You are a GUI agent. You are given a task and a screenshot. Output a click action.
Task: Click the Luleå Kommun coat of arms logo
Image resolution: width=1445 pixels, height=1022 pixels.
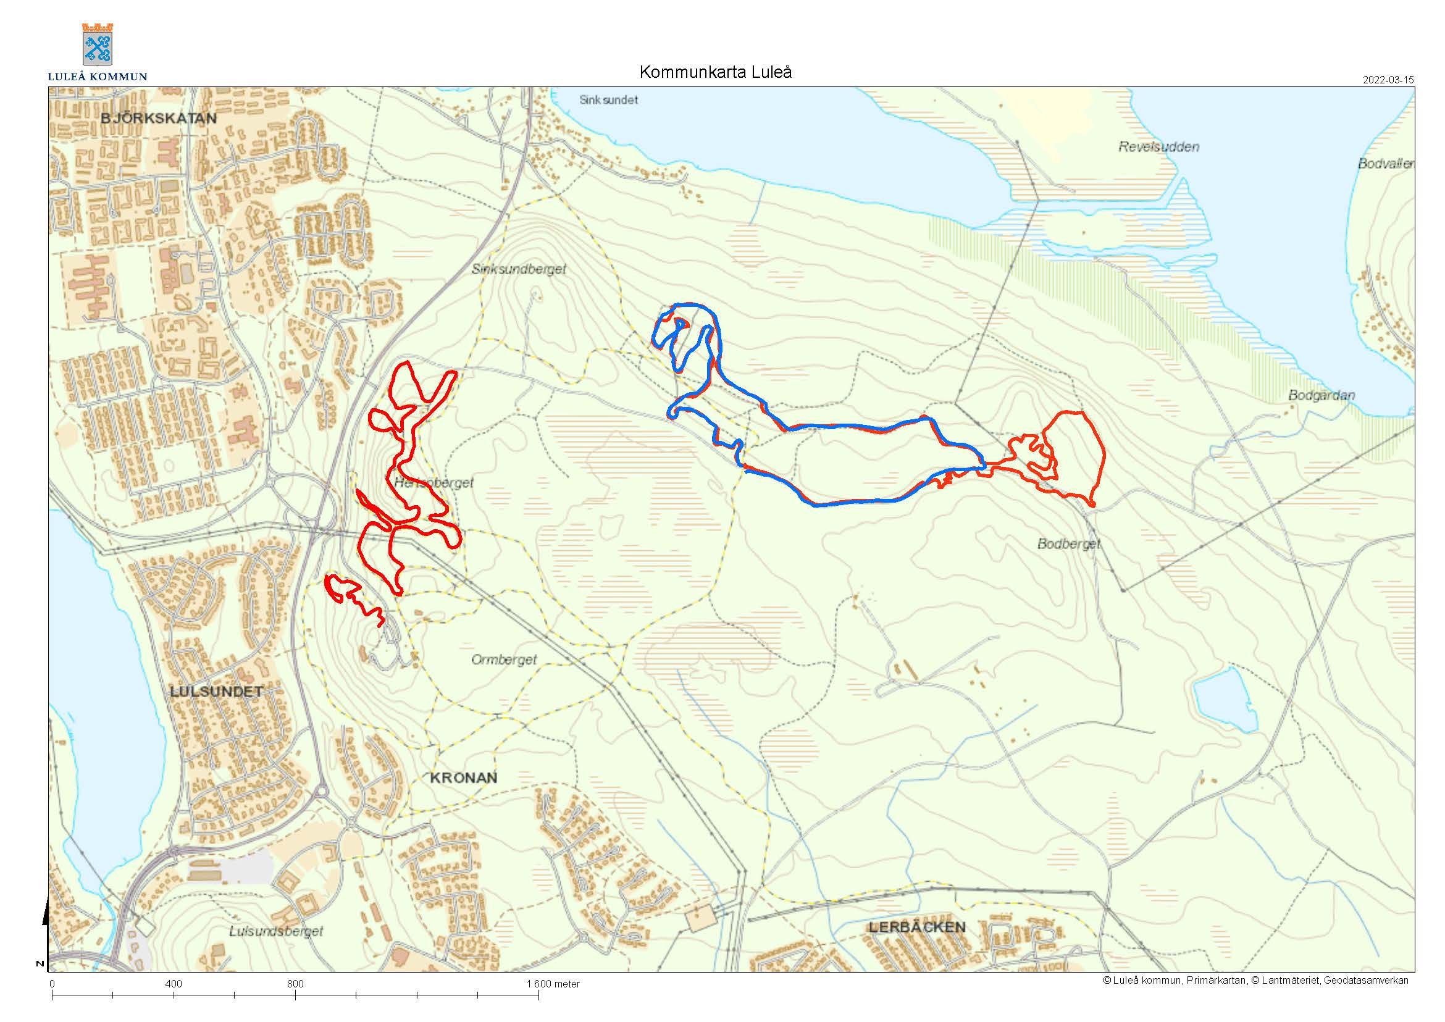click(97, 44)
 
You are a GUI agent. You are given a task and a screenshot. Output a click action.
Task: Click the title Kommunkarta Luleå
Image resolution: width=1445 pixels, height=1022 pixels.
click(715, 72)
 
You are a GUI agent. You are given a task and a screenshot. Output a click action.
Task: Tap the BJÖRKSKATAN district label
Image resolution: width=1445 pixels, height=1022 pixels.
click(159, 119)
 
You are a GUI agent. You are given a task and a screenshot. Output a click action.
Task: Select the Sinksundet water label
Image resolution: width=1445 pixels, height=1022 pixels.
click(608, 100)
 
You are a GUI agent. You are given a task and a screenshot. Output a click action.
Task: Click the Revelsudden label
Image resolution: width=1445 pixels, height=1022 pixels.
click(1158, 147)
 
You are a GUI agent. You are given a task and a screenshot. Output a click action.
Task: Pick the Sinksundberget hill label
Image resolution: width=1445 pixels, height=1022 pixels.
click(519, 269)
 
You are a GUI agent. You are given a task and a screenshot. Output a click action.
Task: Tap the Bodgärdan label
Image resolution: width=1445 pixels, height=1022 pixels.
click(1321, 396)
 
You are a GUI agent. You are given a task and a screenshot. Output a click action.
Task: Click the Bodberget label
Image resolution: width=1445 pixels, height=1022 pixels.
click(1068, 543)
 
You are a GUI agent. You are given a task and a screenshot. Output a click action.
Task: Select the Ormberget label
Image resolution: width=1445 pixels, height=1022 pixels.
click(503, 660)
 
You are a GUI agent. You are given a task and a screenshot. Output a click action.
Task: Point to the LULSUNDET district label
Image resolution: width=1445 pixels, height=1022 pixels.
click(216, 692)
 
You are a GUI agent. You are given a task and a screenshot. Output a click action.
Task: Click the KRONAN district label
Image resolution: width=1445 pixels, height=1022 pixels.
click(463, 778)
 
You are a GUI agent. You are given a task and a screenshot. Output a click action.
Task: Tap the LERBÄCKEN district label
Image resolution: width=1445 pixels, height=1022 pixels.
click(916, 927)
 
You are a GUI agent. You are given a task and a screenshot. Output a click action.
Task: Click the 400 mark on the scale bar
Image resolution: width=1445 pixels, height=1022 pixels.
click(173, 984)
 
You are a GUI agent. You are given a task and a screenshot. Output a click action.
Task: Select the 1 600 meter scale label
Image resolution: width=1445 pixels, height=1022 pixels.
click(553, 984)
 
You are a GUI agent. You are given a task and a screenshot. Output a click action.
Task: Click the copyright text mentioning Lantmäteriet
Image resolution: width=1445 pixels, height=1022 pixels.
click(1255, 981)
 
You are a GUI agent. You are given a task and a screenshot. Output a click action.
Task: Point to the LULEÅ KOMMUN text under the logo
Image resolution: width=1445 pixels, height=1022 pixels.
click(98, 77)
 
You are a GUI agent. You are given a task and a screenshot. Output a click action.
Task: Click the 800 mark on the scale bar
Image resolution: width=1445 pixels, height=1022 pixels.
click(295, 984)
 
